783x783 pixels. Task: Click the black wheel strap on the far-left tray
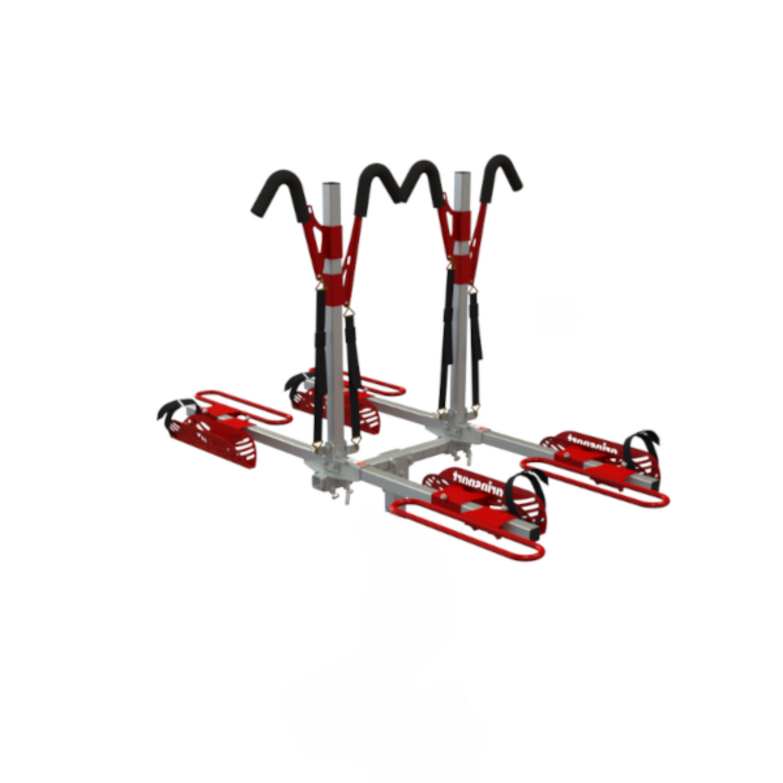tap(176, 408)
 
